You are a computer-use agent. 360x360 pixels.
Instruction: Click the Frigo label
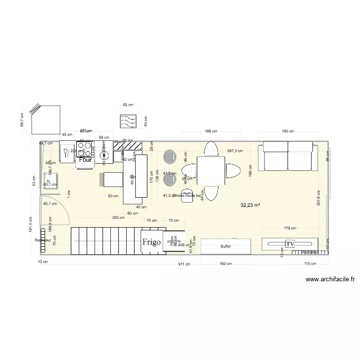[x=151, y=242]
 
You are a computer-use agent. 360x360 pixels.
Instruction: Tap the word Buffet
[x=226, y=246]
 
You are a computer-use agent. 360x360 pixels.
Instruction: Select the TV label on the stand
[x=289, y=244]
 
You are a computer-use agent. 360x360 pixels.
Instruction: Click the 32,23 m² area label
[x=251, y=205]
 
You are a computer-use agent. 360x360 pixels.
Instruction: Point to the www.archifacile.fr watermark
[x=330, y=279]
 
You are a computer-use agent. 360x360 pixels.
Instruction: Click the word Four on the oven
[x=85, y=160]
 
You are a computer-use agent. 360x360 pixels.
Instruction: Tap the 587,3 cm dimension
[x=234, y=150]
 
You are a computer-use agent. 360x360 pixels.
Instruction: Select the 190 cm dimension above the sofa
[x=288, y=131]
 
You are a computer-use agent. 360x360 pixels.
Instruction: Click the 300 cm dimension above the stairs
[x=118, y=217]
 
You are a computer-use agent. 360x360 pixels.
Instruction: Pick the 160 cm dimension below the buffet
[x=226, y=264]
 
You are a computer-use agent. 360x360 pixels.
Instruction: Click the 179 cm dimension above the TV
[x=289, y=228]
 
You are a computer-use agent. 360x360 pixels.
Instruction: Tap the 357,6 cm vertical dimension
[x=318, y=197]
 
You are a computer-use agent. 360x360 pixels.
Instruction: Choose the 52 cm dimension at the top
[x=128, y=105]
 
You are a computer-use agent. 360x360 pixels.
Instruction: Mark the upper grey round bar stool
[x=170, y=156]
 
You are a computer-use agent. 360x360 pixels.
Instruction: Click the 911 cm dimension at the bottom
[x=184, y=264]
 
